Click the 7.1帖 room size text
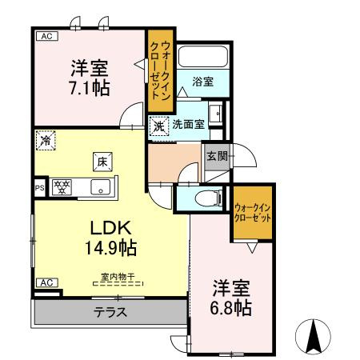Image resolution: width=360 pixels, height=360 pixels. (x=90, y=86)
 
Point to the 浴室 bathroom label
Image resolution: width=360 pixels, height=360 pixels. (x=203, y=81)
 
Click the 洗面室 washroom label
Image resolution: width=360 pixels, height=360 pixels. (x=189, y=124)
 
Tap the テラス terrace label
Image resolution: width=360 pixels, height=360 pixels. (x=110, y=312)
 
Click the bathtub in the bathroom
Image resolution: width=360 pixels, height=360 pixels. (x=202, y=57)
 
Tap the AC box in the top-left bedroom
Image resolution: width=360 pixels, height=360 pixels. (x=46, y=37)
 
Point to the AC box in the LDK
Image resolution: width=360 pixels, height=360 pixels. (x=46, y=282)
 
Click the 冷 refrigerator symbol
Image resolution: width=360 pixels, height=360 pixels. (x=46, y=140)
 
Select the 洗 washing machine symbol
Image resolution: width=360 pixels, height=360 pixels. (x=158, y=125)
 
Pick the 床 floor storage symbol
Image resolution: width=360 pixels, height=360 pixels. (x=102, y=160)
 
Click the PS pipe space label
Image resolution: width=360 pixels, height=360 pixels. (x=38, y=188)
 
